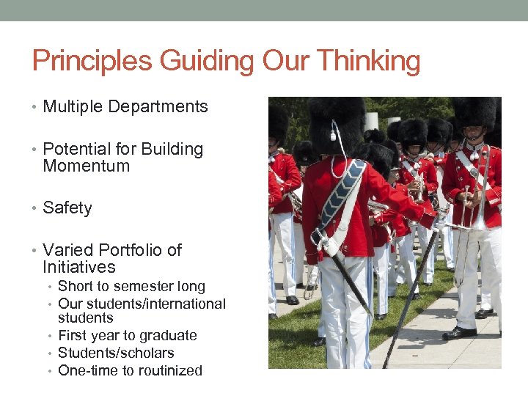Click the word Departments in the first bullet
[x=158, y=107]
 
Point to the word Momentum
[x=86, y=166]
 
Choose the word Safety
[x=67, y=208]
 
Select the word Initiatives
[x=79, y=268]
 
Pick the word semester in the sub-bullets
[x=144, y=287]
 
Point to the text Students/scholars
[x=116, y=353]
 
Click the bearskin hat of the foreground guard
[x=337, y=125]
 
